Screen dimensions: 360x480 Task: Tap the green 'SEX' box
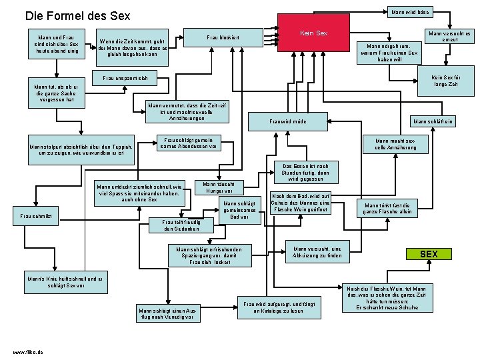click(x=429, y=254)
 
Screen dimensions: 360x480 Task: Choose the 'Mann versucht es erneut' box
click(x=449, y=37)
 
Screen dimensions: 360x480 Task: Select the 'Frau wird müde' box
click(x=287, y=122)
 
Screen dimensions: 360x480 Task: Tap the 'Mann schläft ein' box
click(x=433, y=121)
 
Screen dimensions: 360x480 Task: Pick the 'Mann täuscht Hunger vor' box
click(x=218, y=187)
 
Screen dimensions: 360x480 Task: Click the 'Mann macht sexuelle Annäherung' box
click(x=395, y=144)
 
